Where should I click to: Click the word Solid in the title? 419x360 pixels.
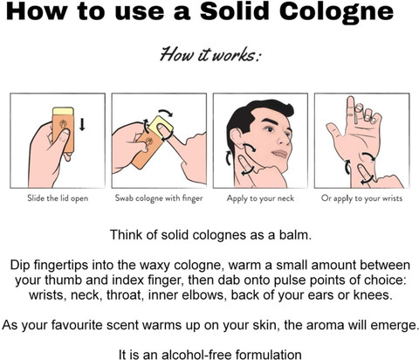234,11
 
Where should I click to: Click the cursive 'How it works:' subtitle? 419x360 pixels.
210,54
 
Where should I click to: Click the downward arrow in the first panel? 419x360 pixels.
82,124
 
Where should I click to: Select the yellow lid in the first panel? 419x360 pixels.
63,111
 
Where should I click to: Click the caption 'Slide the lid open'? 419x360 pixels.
58,198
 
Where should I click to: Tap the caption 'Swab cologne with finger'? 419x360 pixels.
159,198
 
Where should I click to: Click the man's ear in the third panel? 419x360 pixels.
236,137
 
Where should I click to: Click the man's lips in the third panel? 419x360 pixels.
280,154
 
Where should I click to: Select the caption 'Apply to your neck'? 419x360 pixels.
260,198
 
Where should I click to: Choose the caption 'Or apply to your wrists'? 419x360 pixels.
361,198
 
